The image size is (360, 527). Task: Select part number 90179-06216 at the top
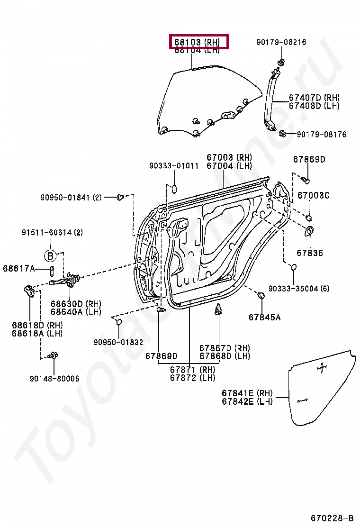[281, 42]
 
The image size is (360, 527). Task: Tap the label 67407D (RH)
[314, 98]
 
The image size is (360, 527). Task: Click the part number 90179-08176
[322, 135]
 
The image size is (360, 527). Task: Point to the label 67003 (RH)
[229, 157]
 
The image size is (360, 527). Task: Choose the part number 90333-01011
[174, 166]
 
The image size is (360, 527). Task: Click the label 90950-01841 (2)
[71, 197]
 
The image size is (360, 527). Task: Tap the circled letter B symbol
[50, 256]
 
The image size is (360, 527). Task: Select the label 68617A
[19, 269]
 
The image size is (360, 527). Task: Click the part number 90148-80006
[54, 379]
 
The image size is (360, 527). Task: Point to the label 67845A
[264, 317]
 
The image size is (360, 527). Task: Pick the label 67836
[310, 253]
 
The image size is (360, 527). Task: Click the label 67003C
[313, 195]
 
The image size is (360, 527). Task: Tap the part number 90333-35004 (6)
[298, 288]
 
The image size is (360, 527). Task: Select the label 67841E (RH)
[247, 393]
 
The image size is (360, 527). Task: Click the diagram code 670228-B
[332, 517]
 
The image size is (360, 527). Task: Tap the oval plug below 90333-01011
[174, 188]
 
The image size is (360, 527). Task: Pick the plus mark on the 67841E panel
[322, 368]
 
